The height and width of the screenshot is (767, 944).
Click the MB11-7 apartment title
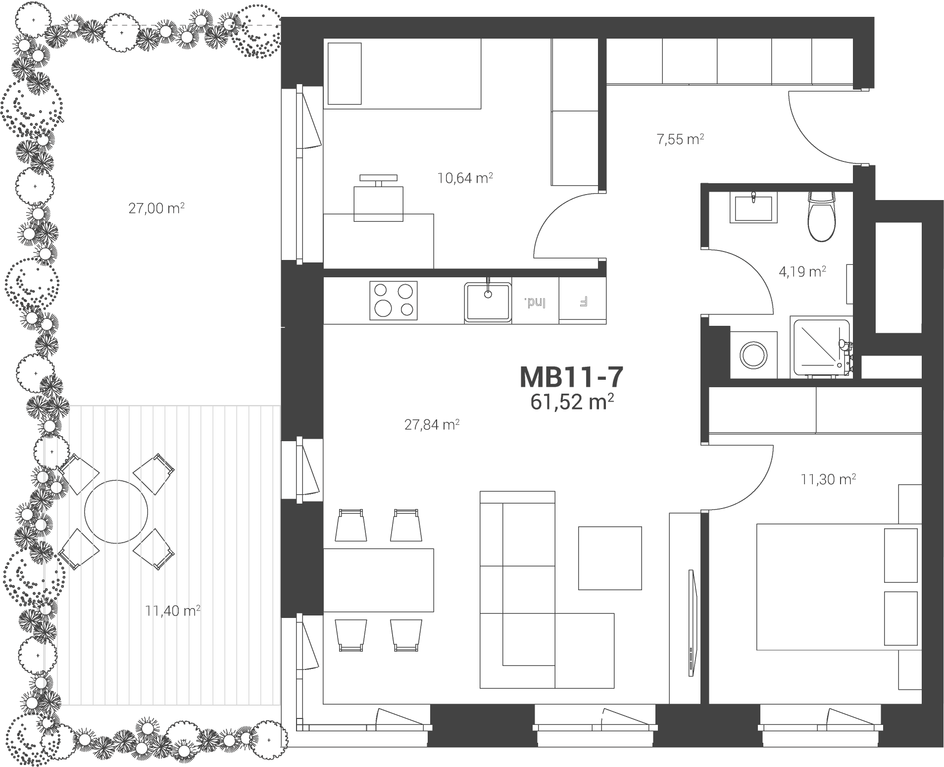tap(571, 377)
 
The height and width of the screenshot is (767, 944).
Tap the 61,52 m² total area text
tap(572, 402)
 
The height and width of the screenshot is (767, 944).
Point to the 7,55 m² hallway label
tap(680, 139)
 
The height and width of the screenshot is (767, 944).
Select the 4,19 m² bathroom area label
tap(802, 271)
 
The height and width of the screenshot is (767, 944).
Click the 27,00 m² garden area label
tap(156, 208)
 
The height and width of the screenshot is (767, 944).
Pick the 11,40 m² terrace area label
tap(173, 611)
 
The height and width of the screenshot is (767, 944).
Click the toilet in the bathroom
tap(822, 216)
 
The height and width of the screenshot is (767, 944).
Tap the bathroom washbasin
tap(753, 207)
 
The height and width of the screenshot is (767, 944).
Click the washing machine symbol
tap(753, 355)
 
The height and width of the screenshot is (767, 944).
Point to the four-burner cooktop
tap(394, 301)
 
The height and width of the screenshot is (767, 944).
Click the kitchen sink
tap(488, 302)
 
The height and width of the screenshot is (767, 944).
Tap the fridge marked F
tap(583, 301)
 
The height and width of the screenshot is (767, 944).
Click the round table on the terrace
tap(116, 511)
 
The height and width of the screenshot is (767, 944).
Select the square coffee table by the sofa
tap(610, 558)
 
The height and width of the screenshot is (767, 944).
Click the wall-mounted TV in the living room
tap(692, 623)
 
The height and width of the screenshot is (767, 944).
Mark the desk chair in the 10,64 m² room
tap(379, 198)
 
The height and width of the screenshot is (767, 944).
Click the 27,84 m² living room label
tap(432, 424)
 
